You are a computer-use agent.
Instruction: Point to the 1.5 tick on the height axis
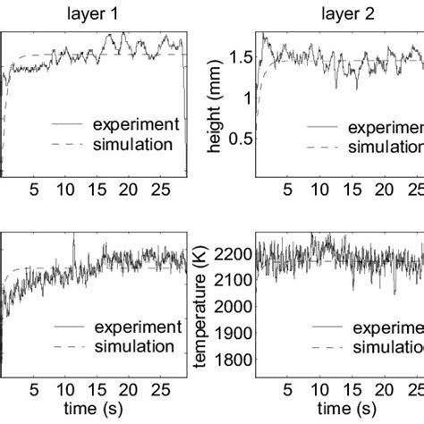[239, 59]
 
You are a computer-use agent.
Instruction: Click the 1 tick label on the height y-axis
[247, 98]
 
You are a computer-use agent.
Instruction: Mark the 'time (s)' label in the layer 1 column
[93, 410]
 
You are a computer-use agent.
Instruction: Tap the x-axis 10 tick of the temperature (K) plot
[319, 391]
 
